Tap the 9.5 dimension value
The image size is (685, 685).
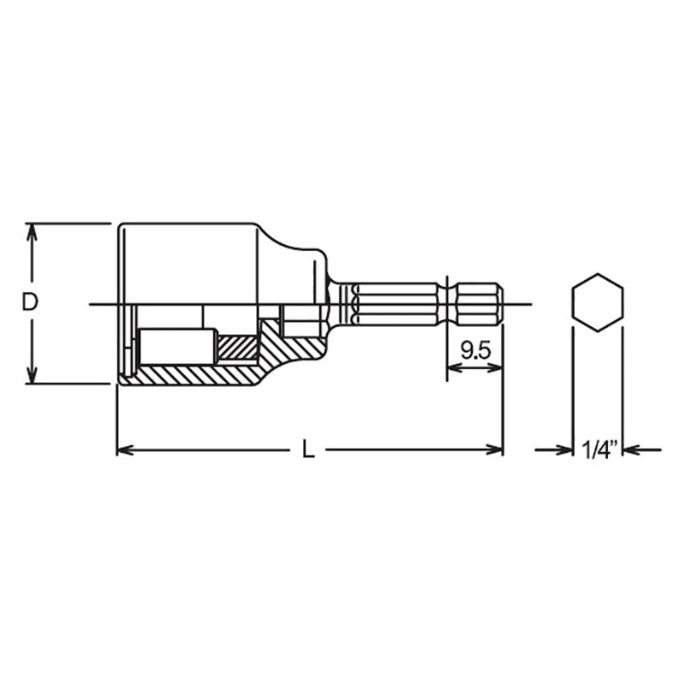(x=474, y=348)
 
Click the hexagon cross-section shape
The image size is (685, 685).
(x=597, y=302)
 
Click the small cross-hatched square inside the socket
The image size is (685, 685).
(x=237, y=347)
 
